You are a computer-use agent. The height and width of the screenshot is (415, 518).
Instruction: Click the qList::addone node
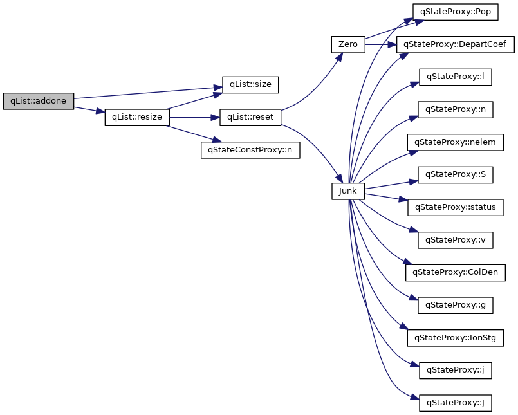39,101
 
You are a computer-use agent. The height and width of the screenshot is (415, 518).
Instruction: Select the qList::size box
250,84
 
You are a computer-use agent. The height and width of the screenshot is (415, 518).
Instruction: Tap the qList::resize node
137,118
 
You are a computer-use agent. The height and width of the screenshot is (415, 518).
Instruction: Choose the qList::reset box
251,118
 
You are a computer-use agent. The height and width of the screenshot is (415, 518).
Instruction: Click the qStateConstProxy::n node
250,151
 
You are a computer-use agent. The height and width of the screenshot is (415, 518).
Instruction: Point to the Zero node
347,45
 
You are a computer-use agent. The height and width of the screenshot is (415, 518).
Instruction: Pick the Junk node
348,190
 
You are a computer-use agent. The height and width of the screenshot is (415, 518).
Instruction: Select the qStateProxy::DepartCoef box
455,45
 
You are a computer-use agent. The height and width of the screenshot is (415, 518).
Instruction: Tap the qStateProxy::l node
455,77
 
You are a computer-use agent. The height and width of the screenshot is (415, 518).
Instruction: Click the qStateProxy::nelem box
455,142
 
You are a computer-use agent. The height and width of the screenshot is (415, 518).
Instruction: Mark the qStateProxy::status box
455,207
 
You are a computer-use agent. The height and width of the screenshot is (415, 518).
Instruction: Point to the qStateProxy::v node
455,240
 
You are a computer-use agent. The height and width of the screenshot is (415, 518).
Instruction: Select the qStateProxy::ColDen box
455,272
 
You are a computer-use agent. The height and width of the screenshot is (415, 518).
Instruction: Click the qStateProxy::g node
455,305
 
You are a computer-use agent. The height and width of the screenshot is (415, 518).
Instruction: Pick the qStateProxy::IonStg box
455,337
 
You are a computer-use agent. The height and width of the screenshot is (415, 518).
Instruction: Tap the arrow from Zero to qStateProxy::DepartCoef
381,45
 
